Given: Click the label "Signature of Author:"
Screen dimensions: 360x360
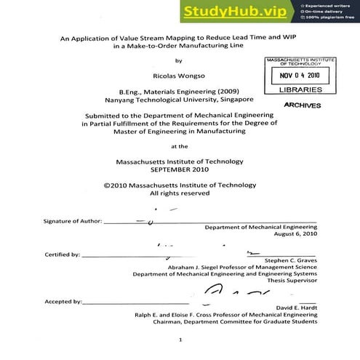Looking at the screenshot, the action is coord(69,220).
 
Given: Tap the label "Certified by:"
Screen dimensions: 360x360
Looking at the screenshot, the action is coord(62,255).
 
